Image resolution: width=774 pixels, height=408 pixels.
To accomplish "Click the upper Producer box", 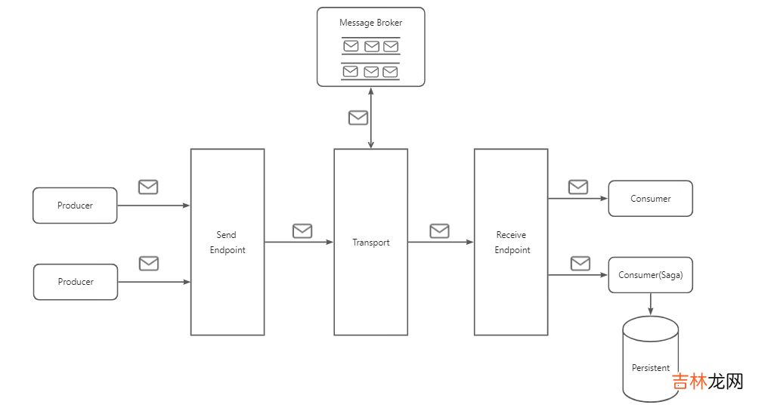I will pos(75,206).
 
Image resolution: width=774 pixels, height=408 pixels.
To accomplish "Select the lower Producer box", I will pos(76,282).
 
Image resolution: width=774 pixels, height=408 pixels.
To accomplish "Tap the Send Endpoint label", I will pos(228,243).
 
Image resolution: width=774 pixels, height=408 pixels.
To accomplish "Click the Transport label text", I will pos(371,243).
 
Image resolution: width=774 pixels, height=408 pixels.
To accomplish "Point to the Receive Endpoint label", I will pos(512,243).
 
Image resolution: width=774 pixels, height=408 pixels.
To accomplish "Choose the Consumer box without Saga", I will pos(650,199).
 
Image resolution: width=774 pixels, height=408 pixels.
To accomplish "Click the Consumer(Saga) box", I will pos(650,275).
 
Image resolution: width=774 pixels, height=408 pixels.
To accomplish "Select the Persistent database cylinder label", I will pos(650,368).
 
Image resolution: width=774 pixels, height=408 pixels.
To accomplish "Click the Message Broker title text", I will pos(370,23).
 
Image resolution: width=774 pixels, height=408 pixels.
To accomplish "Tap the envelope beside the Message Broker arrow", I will pos(358,118).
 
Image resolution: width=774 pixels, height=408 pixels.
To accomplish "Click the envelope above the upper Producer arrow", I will pos(148,187).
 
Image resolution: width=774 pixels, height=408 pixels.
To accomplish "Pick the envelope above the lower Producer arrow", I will pos(149,263).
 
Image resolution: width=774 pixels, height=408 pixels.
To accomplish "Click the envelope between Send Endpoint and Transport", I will pos(302,231).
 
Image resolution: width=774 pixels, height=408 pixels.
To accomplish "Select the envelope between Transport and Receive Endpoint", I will pos(439,231).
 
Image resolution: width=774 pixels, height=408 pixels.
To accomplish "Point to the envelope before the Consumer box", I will pos(578,187).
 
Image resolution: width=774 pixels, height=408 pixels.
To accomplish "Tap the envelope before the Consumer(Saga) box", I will pos(580,263).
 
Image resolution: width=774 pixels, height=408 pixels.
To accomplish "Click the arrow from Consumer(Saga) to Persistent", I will pos(651,304).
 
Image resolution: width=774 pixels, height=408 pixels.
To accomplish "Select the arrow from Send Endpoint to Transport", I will pos(299,243).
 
